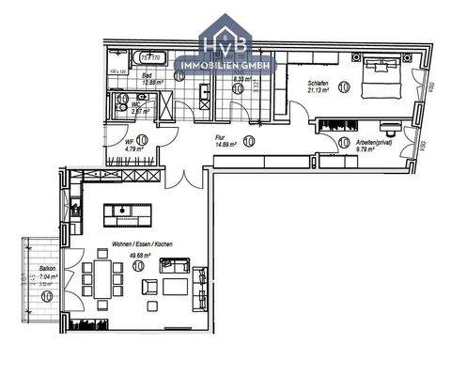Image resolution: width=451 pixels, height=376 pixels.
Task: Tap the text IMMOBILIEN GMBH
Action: (236, 66)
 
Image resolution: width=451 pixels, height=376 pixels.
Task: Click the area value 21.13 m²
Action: (319, 92)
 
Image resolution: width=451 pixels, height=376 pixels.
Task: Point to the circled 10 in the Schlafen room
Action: (343, 87)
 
